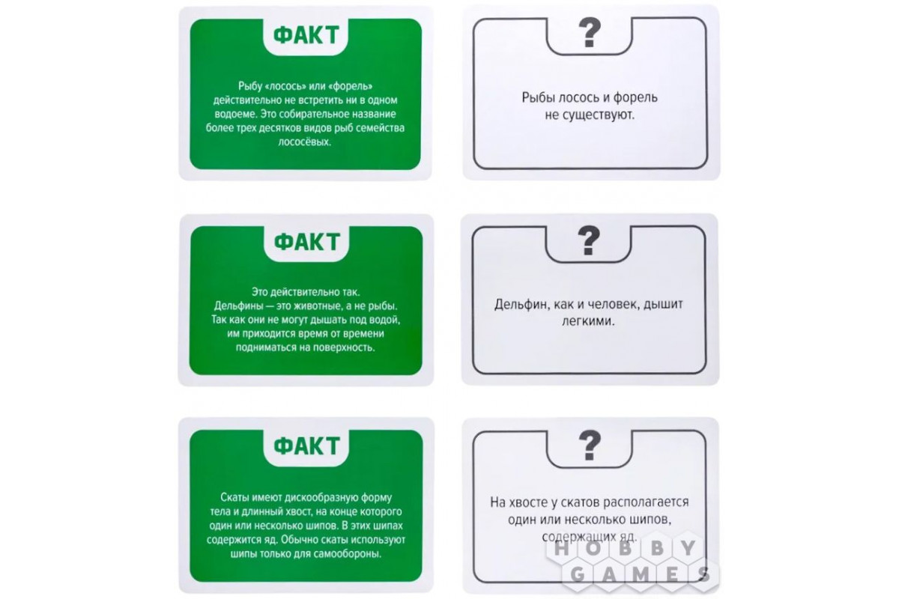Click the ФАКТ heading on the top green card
coord(306,36)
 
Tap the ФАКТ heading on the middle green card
coord(306,242)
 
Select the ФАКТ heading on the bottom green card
coord(306,446)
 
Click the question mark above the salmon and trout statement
coord(590,33)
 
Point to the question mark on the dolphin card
coord(588,241)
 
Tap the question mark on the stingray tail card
coord(590,446)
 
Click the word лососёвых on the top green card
coord(305,142)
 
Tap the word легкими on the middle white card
coord(588,321)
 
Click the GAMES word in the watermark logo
coord(640,574)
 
